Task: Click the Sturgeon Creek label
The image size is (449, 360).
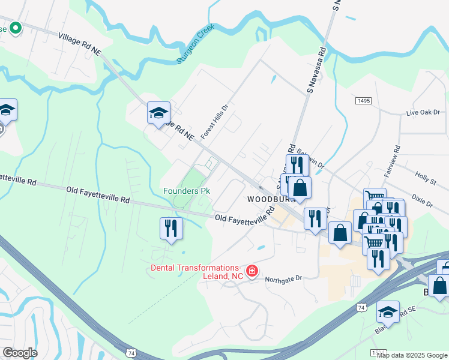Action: [196, 44]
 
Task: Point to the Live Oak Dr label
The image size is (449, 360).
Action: [423, 112]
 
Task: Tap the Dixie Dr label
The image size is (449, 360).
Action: [422, 200]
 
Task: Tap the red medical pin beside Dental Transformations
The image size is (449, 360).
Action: [252, 271]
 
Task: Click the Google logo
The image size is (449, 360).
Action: [20, 352]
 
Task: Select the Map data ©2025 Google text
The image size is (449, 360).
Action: [412, 355]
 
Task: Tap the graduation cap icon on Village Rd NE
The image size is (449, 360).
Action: [159, 112]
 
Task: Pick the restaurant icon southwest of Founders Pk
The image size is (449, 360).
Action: [170, 228]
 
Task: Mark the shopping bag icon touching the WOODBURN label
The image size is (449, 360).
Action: [300, 187]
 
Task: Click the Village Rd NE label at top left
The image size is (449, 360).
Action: [79, 44]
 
